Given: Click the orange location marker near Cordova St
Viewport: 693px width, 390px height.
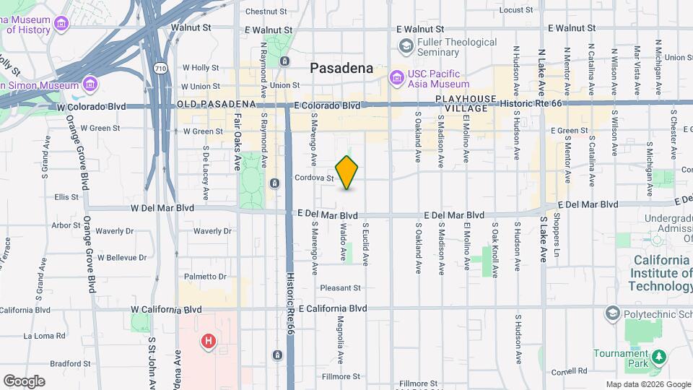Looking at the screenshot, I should click(347, 172).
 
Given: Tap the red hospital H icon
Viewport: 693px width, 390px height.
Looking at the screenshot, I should click(209, 340).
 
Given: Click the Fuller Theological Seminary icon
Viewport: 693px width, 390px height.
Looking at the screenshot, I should click(406, 47).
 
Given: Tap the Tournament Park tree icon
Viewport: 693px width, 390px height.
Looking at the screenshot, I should click(658, 356).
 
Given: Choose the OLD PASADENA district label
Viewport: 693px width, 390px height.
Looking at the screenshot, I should click(217, 105).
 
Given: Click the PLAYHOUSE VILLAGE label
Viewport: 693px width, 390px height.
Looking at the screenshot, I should click(466, 103).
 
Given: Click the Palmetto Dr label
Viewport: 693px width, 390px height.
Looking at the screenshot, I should click(205, 277).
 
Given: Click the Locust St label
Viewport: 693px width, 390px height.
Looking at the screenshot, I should click(515, 10).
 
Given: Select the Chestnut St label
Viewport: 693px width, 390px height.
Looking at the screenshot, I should click(266, 12).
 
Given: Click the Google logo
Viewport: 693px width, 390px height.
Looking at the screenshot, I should click(24, 381).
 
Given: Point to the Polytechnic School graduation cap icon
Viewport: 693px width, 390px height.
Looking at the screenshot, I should click(613, 313).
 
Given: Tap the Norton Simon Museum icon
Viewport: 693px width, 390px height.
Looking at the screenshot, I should click(90, 84).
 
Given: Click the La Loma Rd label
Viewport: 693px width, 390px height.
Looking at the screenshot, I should click(45, 336).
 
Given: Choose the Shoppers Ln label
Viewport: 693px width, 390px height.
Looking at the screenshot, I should click(557, 226).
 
